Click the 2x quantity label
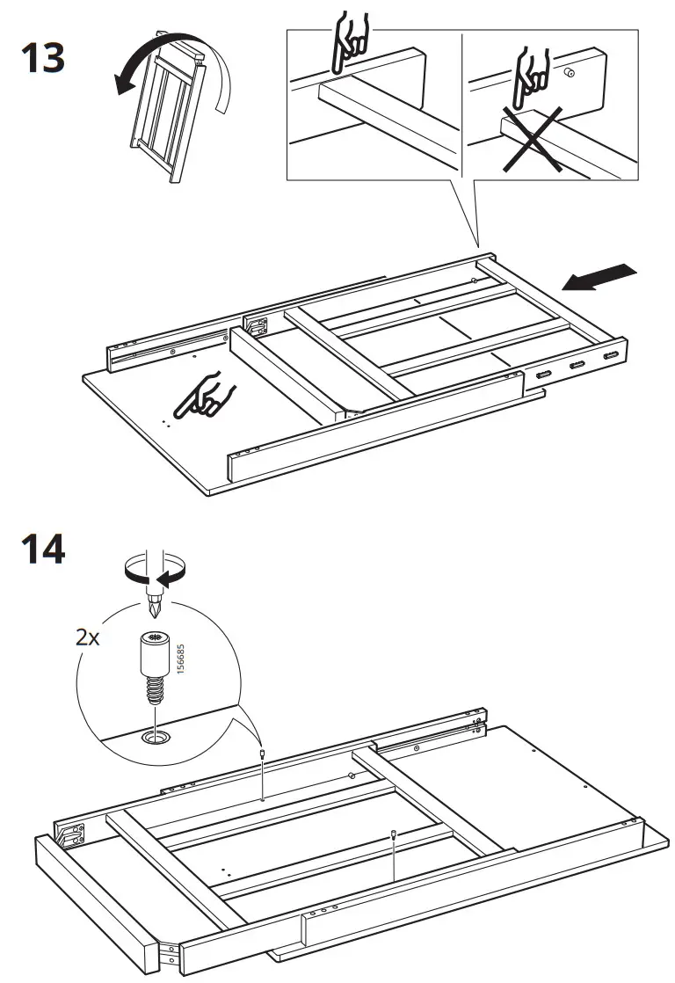coord(87,637)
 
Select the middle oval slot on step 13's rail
coord(577,366)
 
